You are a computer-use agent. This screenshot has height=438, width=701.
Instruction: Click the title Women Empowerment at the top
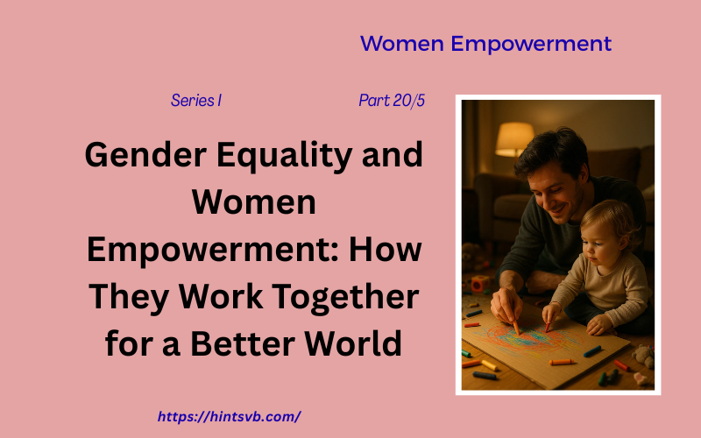coord(485,44)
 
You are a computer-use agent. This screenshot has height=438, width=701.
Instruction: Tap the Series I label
coord(196,101)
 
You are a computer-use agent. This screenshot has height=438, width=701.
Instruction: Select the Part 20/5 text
coord(392,101)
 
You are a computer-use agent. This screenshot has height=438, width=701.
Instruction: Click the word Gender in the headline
coord(139,157)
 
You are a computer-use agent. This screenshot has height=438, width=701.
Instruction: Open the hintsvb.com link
coord(230,416)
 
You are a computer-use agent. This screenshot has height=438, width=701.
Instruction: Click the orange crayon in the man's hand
coord(515,324)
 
